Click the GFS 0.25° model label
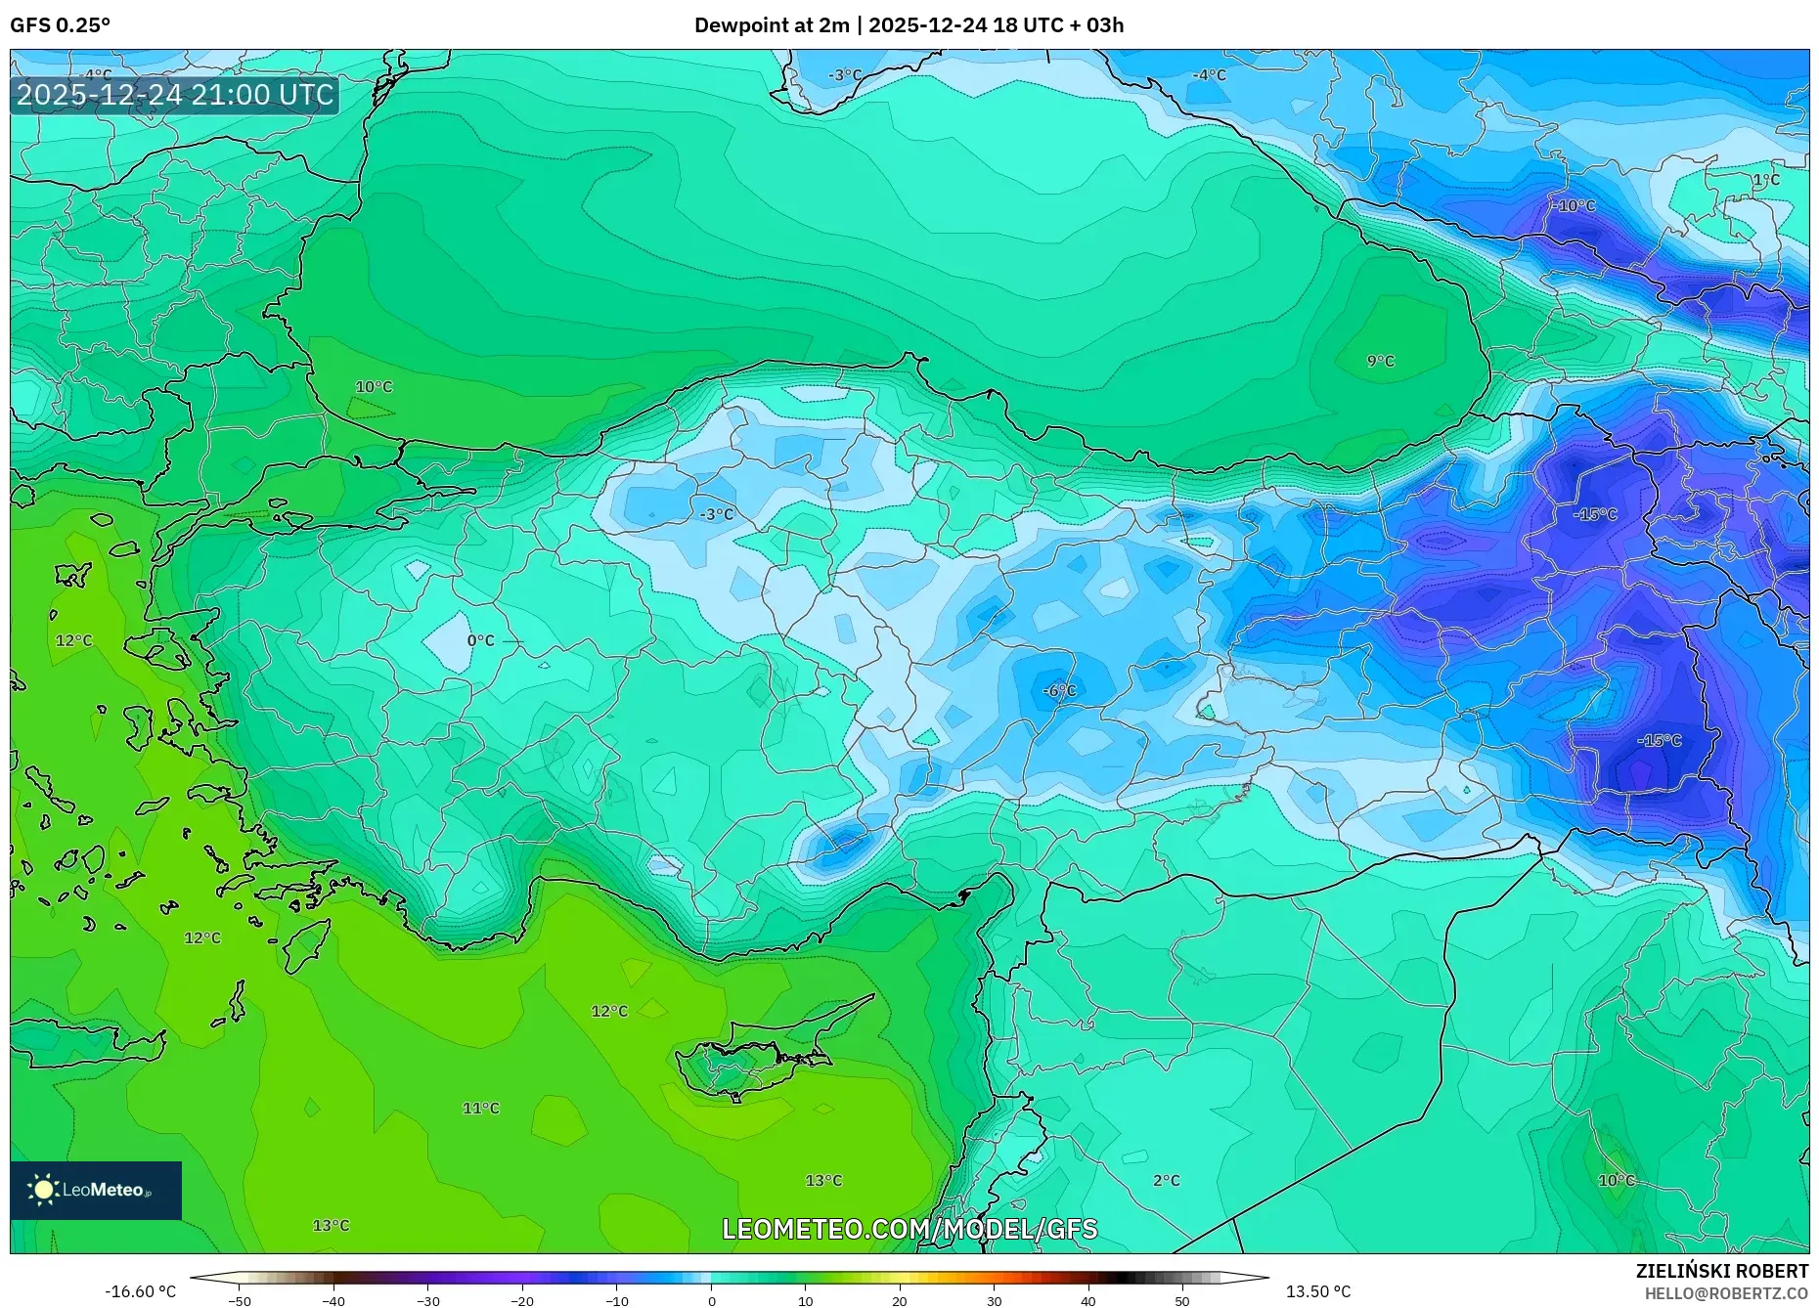coord(60,24)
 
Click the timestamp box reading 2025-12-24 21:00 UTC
coord(175,95)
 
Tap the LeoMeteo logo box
coord(96,1190)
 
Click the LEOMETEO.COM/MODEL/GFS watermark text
coord(909,1229)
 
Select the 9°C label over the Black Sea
coord(1380,361)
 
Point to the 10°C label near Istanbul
coord(374,387)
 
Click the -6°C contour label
coord(1059,691)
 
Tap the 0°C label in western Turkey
coord(480,640)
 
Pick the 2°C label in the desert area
coord(1166,1180)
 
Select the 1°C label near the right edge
coord(1765,180)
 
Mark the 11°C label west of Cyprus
coord(480,1108)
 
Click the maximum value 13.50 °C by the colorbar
coord(1317,1291)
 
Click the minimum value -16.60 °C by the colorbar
coord(140,1291)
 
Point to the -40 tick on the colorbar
coord(333,1300)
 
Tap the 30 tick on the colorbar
coord(994,1300)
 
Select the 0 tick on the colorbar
coord(711,1300)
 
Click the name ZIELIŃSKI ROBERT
coord(1721,1271)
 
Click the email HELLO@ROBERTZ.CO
coord(1725,1293)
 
